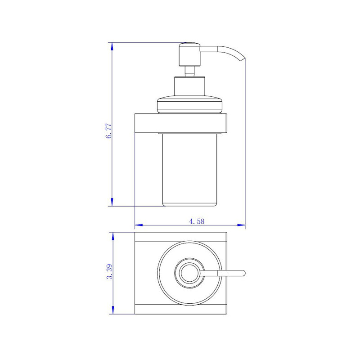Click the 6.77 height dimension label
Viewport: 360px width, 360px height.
point(108,131)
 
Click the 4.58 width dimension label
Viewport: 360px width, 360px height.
point(197,221)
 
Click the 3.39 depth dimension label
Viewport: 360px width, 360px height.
point(109,271)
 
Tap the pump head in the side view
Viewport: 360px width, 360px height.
point(190,54)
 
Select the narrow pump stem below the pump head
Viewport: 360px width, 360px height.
point(190,72)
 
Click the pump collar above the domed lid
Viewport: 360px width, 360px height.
point(189,86)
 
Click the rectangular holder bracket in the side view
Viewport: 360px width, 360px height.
point(181,123)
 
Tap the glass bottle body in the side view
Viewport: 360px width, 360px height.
point(189,170)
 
